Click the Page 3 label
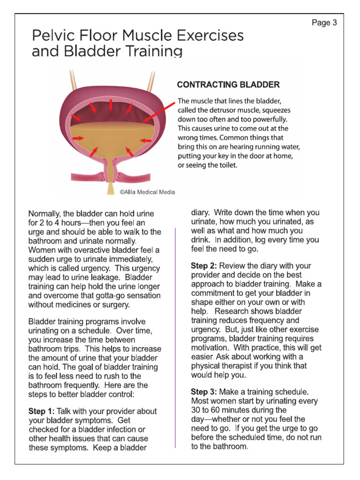tap(324, 22)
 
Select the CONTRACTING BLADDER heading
tap(228, 85)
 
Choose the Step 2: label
tap(204, 266)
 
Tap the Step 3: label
tap(204, 391)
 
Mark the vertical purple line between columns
tap(175, 337)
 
